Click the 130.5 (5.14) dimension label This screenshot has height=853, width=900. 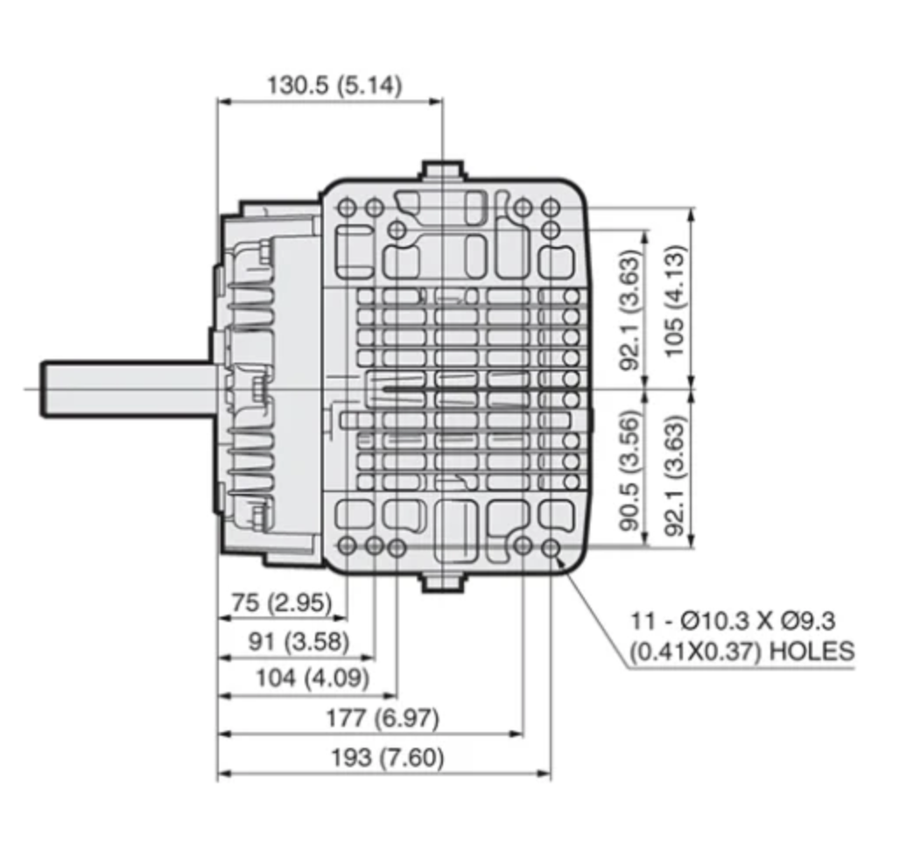(x=334, y=86)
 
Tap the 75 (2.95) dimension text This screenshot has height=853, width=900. (x=282, y=603)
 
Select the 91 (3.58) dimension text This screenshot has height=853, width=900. (x=299, y=641)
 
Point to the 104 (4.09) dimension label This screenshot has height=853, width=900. (x=313, y=679)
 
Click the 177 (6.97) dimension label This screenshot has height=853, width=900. (x=383, y=718)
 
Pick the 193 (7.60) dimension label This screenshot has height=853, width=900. (x=388, y=758)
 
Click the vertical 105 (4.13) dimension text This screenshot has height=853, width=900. (x=676, y=301)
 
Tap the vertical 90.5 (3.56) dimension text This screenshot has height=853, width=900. (x=629, y=470)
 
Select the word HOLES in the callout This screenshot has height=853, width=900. (x=811, y=652)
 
